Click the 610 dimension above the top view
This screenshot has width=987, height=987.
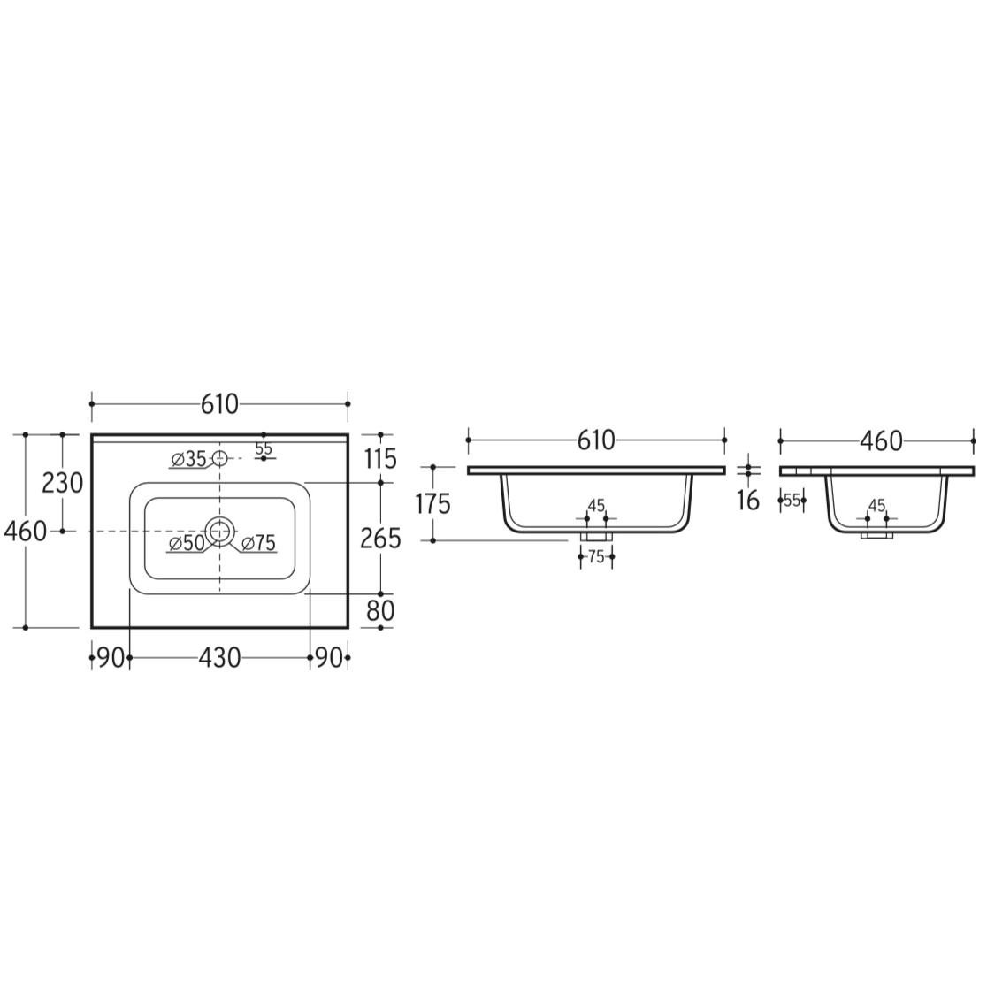219,404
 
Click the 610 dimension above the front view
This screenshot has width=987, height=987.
596,440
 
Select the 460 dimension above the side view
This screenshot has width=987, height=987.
881,441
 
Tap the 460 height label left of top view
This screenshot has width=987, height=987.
26,532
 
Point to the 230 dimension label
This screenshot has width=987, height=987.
62,483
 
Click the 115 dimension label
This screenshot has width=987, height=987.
381,459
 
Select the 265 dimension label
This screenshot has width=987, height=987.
381,539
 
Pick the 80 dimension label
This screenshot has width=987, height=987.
381,610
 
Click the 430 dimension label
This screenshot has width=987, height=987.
219,658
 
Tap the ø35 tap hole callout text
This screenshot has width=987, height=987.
188,460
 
